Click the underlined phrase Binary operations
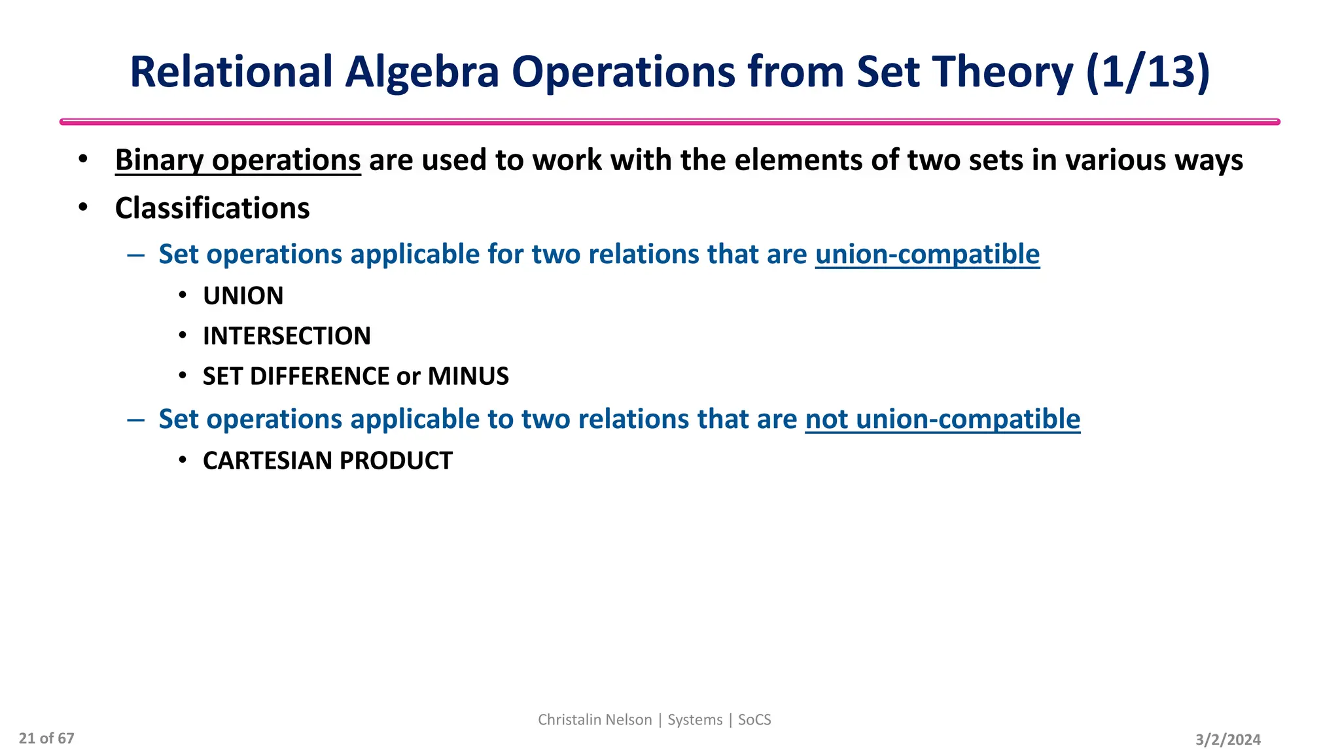(x=238, y=160)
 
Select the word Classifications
(x=212, y=208)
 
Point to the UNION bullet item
(x=243, y=296)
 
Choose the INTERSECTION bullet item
(x=287, y=336)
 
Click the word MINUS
(x=468, y=376)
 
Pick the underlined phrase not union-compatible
(x=942, y=419)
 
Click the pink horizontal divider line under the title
(x=670, y=122)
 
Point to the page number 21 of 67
(x=46, y=738)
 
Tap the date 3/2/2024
(x=1227, y=740)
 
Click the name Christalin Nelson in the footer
(x=595, y=720)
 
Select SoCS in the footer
(x=754, y=720)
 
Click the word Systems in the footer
(x=695, y=720)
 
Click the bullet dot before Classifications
(x=82, y=207)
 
